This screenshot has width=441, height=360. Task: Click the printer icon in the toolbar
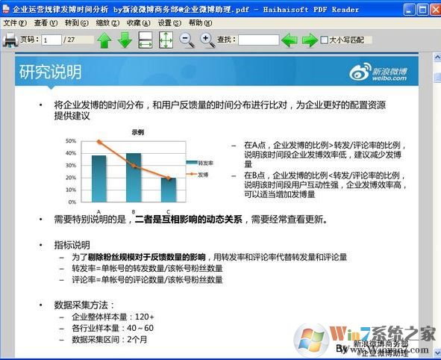10,40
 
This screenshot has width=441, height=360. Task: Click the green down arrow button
125,40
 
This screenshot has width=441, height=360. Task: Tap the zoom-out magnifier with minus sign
187,40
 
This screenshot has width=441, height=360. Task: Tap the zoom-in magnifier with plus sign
207,40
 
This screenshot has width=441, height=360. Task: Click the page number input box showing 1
51,40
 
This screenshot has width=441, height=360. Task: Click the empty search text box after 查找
258,40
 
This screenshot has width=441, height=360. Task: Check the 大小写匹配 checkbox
325,40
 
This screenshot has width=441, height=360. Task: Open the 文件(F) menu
14,23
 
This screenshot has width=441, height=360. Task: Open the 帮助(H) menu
200,23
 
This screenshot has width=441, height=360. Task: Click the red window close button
432,10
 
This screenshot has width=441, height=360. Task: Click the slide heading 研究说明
50,72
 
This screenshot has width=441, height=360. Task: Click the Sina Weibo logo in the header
378,72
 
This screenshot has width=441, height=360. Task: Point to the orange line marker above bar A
99,142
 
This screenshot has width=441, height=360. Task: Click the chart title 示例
138,131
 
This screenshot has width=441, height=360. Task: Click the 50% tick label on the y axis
72,140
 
